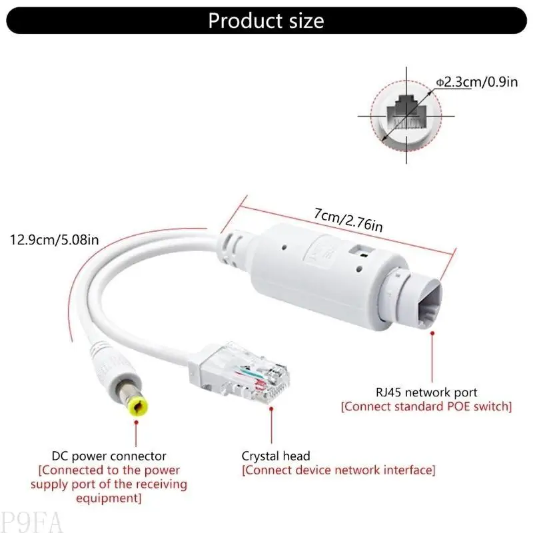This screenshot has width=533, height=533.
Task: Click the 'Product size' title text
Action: pos(266,21)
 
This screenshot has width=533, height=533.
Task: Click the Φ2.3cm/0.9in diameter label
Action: pos(476,82)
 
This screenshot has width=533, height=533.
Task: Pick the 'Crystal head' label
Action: pos(276,456)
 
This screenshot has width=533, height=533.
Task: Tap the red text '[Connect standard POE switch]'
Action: pos(426,406)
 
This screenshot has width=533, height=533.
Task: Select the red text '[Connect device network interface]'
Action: pos(338,470)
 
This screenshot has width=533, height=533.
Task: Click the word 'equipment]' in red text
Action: pos(110,498)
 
